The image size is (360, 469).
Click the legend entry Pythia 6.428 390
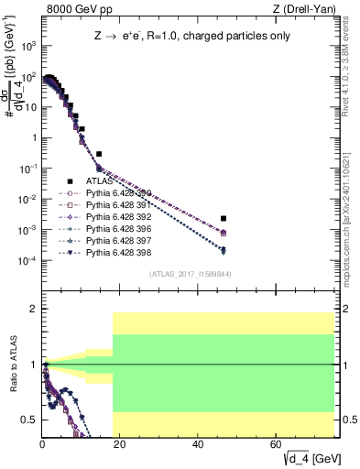pos(113,193)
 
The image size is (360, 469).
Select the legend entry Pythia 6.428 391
pos(113,205)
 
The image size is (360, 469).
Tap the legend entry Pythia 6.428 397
pos(113,240)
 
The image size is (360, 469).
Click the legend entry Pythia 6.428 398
pos(113,252)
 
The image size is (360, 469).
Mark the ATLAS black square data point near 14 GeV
pos(99,154)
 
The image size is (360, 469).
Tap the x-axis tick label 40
pos(199,443)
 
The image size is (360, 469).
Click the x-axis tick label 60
pos(277,443)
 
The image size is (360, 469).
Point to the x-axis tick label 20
pos(121,443)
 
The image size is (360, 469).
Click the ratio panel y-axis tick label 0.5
pos(28,420)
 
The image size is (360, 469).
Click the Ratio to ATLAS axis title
pos(13,366)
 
